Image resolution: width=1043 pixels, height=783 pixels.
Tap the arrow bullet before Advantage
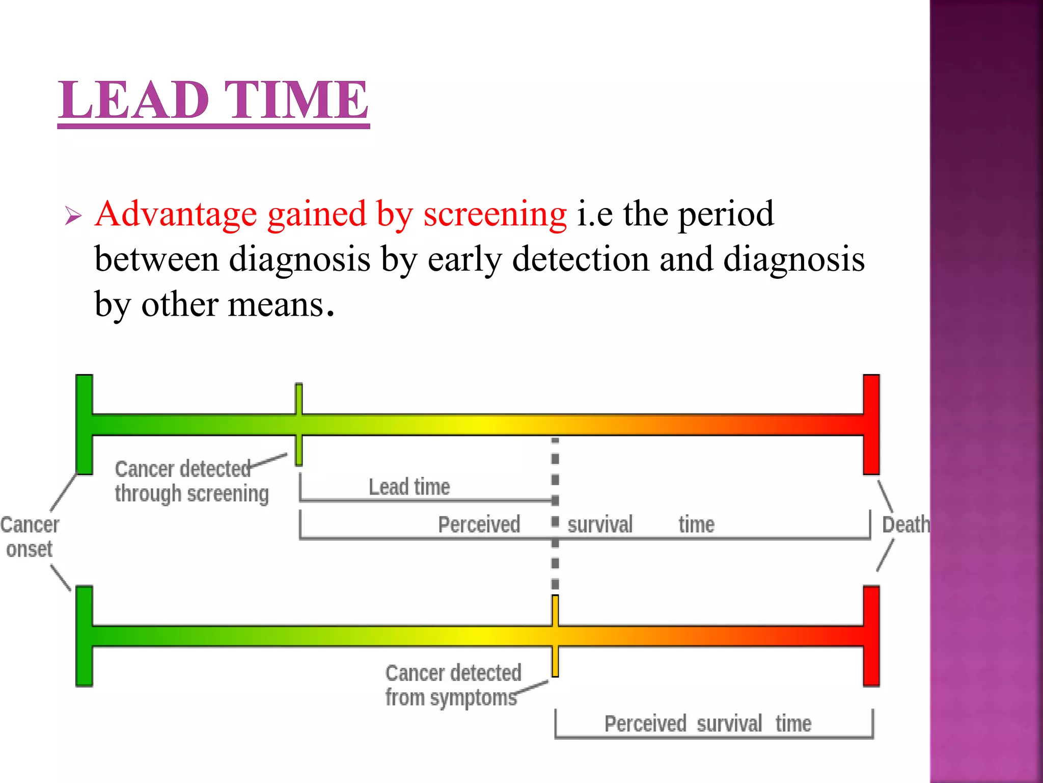point(73,216)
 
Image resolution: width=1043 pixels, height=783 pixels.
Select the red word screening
point(495,214)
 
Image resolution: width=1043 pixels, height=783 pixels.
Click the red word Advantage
point(176,214)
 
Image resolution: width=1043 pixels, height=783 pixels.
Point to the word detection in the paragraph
point(581,259)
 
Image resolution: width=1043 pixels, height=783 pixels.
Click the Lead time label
point(409,487)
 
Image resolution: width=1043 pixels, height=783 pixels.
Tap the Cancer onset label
point(30,537)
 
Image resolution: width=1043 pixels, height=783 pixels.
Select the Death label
point(905,525)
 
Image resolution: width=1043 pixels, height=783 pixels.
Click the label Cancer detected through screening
point(191,482)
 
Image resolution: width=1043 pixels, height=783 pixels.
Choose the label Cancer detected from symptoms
point(453,685)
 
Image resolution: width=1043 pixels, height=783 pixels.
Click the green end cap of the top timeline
point(84,424)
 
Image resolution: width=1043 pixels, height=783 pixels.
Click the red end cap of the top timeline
point(871,424)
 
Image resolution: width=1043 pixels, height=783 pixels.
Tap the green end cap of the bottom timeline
point(84,636)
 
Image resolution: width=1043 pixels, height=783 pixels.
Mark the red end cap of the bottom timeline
point(871,636)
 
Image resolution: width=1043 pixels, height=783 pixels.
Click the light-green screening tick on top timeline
point(299,424)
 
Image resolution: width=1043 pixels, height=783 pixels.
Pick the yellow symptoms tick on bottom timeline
point(555,636)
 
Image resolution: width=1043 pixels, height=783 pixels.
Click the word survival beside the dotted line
point(600,525)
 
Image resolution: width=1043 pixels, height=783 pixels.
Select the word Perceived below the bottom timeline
point(645,724)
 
